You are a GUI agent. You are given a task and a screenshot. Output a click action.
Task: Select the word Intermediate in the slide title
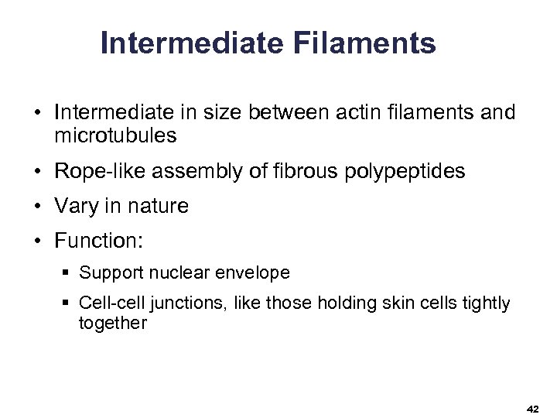pos(193,43)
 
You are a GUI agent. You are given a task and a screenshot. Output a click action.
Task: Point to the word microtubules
pos(115,136)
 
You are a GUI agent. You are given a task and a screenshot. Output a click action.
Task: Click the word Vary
pos(74,206)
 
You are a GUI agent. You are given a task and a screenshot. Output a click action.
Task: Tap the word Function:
pos(98,241)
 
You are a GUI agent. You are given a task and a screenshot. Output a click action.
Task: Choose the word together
pos(112,323)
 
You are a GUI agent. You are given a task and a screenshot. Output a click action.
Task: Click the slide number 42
pos(532,408)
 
